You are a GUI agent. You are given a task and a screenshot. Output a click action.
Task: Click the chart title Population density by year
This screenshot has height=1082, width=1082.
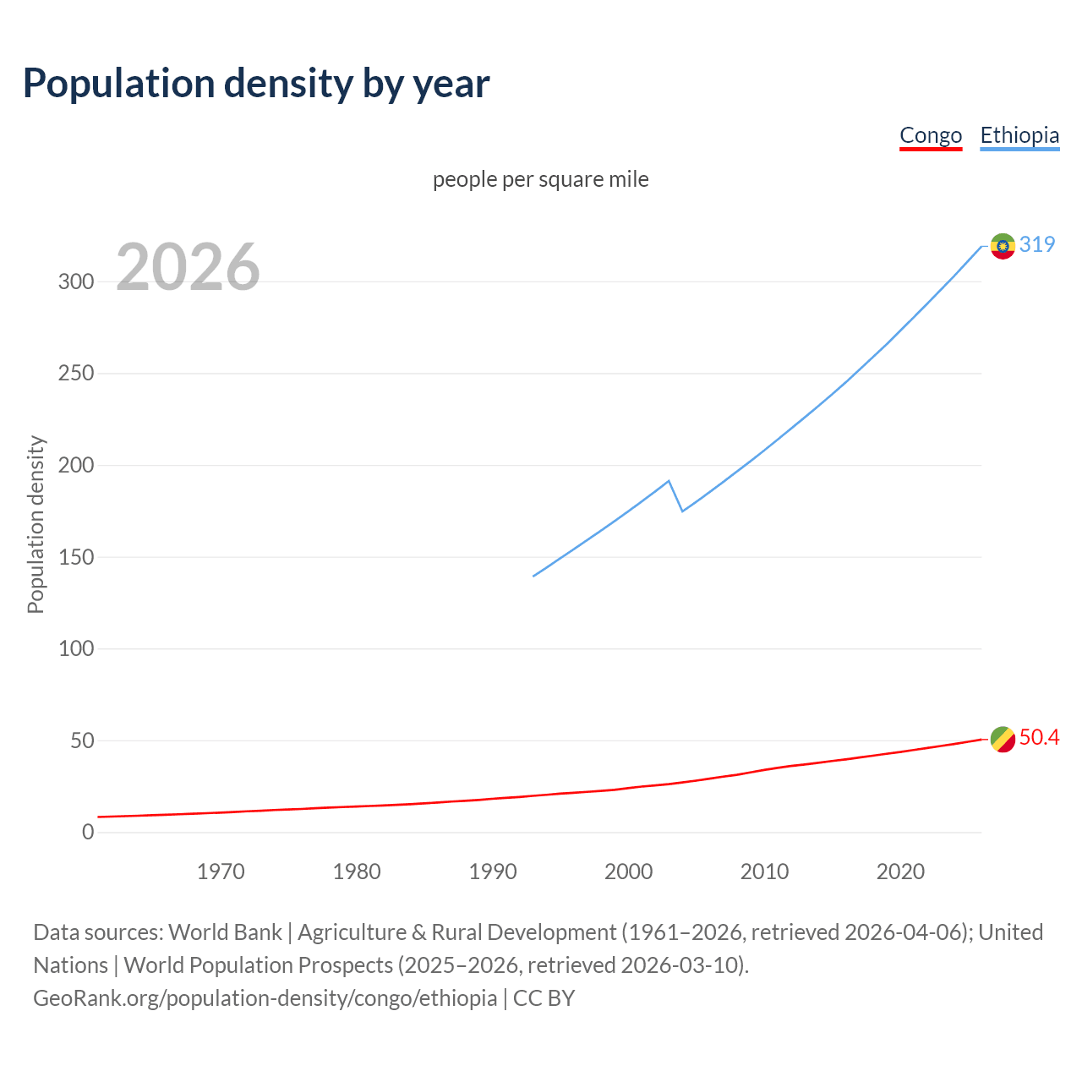point(256,84)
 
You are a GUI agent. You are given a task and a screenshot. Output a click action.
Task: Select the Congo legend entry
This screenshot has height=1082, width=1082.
point(930,136)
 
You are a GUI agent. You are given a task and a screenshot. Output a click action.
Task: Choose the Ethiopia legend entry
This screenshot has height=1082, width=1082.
point(1019,136)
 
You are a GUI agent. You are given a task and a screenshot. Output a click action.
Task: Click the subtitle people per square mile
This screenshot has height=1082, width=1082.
point(540,180)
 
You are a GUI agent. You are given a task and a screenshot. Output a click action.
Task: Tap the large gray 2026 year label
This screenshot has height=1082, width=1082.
point(188,268)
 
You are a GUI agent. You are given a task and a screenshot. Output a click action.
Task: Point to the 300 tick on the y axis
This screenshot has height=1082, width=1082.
point(76,282)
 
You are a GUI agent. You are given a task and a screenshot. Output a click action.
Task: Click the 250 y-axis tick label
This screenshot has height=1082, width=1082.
point(76,374)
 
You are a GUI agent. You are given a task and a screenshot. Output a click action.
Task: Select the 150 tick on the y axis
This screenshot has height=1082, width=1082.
point(76,557)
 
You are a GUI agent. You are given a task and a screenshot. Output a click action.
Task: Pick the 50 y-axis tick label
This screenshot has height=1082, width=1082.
point(81,741)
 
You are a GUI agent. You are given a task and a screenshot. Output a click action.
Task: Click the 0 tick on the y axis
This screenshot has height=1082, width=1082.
point(88,833)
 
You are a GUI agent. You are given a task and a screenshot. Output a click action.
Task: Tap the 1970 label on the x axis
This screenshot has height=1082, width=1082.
point(221,872)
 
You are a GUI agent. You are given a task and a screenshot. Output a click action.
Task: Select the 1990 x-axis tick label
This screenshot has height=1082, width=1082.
point(493,872)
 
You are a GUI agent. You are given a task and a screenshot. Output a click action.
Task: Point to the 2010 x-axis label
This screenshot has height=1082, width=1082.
point(764,872)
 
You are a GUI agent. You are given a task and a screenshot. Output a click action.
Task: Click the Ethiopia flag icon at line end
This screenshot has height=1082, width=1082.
point(1003,246)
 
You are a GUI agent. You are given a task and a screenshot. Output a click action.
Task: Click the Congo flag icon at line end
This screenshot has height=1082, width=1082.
point(1003,739)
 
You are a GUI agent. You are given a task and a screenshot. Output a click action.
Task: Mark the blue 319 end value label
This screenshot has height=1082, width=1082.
point(1037,245)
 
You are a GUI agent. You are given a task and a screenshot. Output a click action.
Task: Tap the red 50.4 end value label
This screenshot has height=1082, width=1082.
point(1039,738)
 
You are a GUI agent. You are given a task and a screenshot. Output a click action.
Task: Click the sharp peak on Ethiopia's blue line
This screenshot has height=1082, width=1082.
point(669,482)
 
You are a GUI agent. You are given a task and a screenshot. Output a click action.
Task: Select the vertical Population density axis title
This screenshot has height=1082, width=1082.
point(36,524)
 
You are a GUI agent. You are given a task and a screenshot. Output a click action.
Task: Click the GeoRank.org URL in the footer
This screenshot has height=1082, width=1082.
point(265,998)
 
